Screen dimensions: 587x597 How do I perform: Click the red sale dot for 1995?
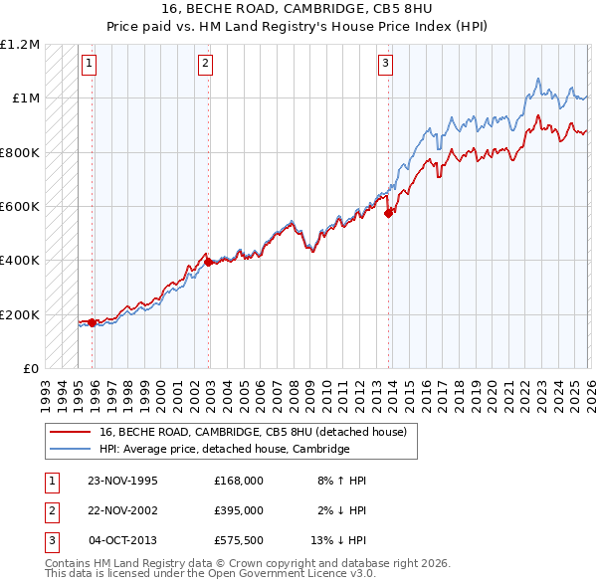tap(93, 322)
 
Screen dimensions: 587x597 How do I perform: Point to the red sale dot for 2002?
tap(208, 262)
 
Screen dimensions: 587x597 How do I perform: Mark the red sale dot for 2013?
tap(388, 213)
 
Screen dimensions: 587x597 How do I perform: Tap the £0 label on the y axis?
tap(30, 369)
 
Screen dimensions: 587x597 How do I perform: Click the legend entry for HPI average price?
tap(224, 450)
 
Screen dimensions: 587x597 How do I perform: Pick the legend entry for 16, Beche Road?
tap(253, 433)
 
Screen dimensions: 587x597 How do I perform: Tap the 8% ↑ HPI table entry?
tap(341, 480)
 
